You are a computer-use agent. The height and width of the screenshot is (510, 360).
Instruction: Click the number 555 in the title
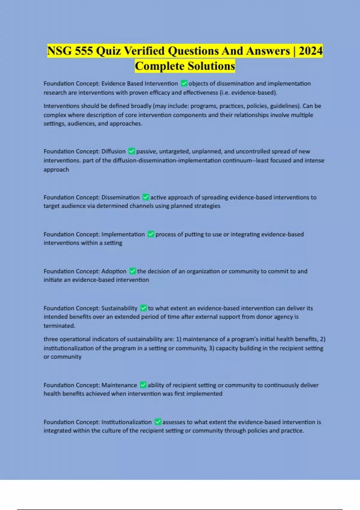click(x=84, y=51)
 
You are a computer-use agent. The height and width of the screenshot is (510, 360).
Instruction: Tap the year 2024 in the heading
click(x=310, y=51)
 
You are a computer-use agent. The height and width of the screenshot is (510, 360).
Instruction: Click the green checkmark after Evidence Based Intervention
click(x=184, y=83)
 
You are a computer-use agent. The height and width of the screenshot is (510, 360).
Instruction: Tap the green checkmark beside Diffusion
click(x=131, y=151)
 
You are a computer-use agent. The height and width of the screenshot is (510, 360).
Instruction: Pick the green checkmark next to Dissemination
click(x=145, y=197)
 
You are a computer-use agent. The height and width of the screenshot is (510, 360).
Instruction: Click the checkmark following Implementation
click(x=151, y=234)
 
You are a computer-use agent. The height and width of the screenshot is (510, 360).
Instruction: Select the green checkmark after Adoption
click(x=132, y=271)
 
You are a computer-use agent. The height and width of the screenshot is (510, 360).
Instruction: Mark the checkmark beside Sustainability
click(x=143, y=308)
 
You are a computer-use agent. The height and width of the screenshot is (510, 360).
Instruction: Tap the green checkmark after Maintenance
click(x=143, y=385)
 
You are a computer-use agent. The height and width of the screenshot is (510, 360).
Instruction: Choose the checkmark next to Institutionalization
click(x=158, y=422)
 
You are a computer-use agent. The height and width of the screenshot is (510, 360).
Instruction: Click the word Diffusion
click(x=113, y=151)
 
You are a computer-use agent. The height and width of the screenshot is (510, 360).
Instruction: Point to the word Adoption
click(x=114, y=271)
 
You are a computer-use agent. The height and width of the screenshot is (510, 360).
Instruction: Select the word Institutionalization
click(x=126, y=422)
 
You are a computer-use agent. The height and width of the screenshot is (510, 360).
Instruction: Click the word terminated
click(x=59, y=326)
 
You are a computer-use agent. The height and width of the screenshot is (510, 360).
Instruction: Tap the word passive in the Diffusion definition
click(x=147, y=151)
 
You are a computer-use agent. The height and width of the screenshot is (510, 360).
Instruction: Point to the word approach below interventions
click(x=56, y=169)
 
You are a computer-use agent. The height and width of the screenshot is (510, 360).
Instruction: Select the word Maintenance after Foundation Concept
click(x=119, y=385)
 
